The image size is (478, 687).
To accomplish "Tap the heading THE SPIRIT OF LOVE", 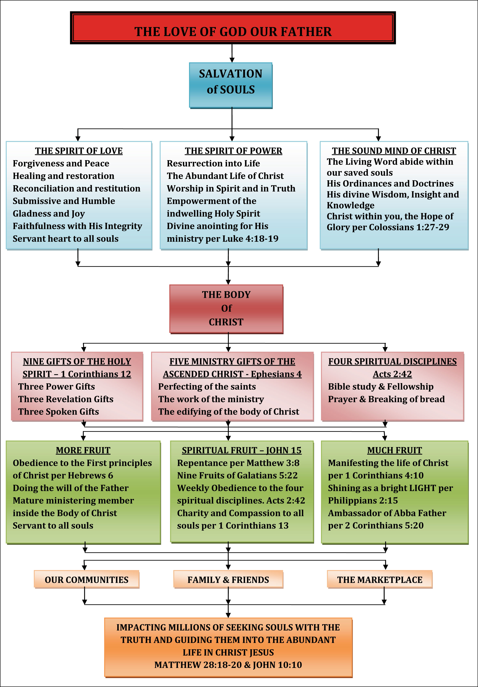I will (79, 151).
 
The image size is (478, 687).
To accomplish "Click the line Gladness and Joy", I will (49, 214).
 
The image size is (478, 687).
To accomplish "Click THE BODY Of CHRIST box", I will (226, 309).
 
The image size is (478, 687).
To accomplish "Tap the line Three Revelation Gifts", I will (66, 399).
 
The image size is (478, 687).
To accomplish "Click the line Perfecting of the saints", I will (207, 387).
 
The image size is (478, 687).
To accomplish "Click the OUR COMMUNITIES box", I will (86, 580).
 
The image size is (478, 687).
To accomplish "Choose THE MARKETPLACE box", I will (380, 580).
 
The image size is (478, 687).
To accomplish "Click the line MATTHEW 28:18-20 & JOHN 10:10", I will (228, 665).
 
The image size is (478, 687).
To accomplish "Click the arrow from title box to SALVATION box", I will (232, 53).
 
